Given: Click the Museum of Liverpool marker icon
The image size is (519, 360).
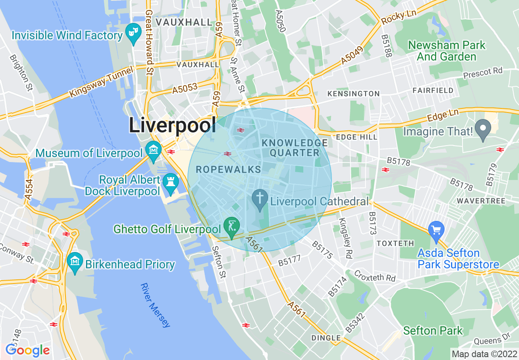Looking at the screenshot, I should [x=153, y=149].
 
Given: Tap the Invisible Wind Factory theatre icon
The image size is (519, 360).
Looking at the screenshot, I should [x=133, y=31].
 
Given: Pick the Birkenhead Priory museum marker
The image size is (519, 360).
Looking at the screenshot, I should [x=75, y=261].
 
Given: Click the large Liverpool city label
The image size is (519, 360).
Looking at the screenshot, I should [x=172, y=125].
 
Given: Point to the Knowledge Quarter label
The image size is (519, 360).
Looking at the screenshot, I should [x=295, y=148].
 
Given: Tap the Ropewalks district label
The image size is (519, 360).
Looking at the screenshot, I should [x=228, y=169].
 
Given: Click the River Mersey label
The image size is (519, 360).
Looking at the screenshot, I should [x=155, y=305].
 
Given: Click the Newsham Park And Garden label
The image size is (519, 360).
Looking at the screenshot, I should [x=447, y=51].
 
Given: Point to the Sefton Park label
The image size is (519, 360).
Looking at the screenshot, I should [x=433, y=331].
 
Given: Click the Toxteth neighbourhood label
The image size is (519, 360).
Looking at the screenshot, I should [x=395, y=243].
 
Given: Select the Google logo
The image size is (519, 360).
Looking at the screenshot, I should [x=27, y=350].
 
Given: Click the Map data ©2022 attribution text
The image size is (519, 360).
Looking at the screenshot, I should [x=484, y=353].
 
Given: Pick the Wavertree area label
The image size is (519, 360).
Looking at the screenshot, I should [x=481, y=201].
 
